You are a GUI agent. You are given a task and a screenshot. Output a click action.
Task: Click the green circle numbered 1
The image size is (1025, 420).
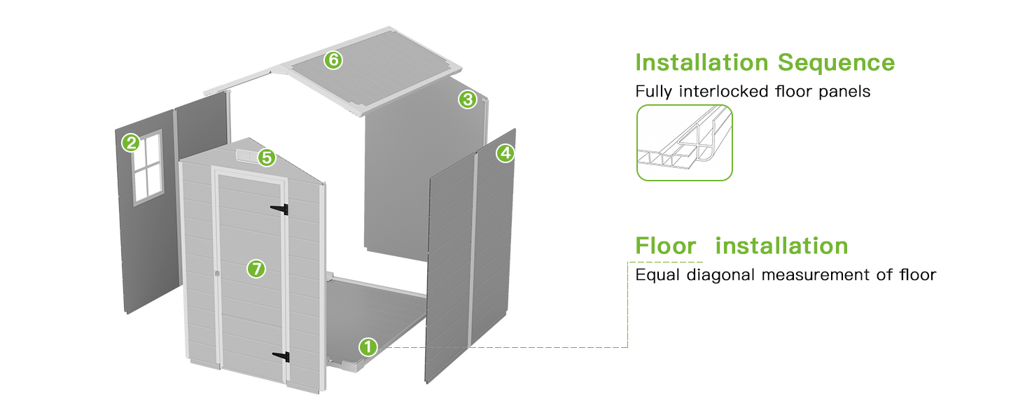click(x=368, y=346)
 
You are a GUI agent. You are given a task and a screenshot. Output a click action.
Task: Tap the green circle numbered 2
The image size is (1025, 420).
click(x=131, y=143)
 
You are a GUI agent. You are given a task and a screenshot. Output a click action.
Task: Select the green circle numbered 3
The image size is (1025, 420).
click(x=468, y=99)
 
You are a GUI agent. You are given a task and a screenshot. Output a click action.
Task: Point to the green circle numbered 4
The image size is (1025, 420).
click(x=505, y=153)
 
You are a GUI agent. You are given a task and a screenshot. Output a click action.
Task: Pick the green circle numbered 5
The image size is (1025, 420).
click(x=267, y=157)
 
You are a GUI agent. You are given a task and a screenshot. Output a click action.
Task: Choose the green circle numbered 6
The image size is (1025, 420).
click(x=333, y=60)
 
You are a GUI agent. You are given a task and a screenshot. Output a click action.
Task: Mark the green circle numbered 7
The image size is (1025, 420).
click(x=256, y=269)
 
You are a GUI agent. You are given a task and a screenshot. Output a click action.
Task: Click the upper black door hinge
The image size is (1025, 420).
click(x=279, y=209)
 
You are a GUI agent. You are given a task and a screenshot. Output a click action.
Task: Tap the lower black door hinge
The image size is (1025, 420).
click(x=281, y=356)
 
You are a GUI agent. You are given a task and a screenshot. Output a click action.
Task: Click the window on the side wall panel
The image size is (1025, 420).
click(x=148, y=167)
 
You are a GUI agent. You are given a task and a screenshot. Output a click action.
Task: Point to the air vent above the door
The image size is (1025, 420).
click(x=248, y=155)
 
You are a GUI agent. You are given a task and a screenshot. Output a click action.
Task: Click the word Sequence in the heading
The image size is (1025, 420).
click(x=837, y=63)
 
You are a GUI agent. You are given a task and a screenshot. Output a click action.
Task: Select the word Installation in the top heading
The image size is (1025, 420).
click(x=702, y=62)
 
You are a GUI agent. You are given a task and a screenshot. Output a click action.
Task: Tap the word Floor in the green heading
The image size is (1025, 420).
click(x=666, y=246)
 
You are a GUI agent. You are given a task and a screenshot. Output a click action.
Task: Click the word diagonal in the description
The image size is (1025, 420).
click(x=720, y=275)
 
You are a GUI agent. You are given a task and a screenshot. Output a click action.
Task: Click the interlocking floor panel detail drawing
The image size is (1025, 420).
click(x=685, y=143)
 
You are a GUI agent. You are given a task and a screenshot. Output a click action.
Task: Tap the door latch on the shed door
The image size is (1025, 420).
click(x=217, y=273)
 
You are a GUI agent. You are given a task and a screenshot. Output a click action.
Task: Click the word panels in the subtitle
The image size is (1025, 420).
click(x=844, y=92)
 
